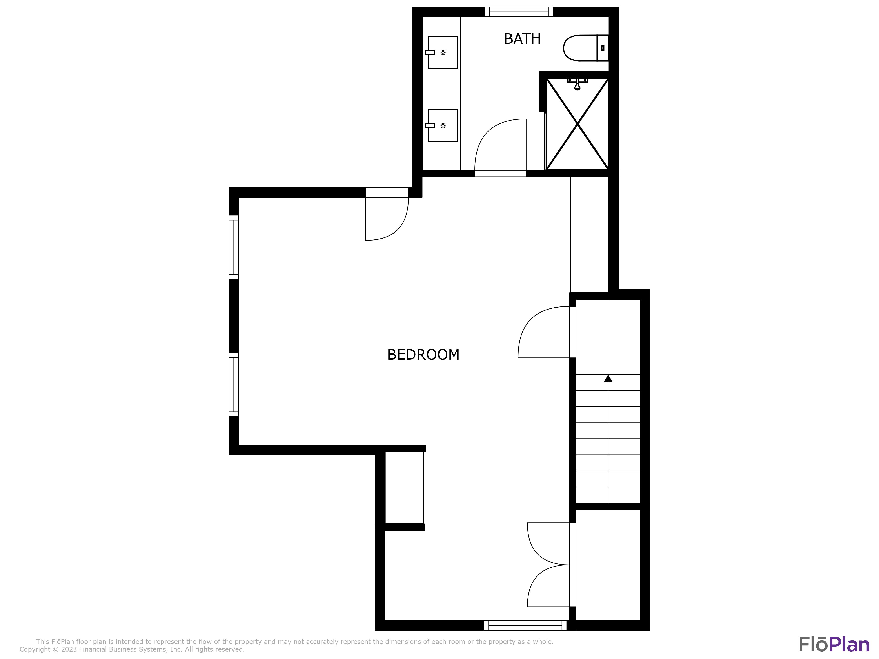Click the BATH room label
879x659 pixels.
click(522, 39)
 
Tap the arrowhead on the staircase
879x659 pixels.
click(608, 378)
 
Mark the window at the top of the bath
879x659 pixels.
click(519, 12)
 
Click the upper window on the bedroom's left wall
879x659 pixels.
click(234, 247)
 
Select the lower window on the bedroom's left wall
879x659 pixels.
click(234, 384)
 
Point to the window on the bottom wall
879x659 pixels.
click(525, 626)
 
